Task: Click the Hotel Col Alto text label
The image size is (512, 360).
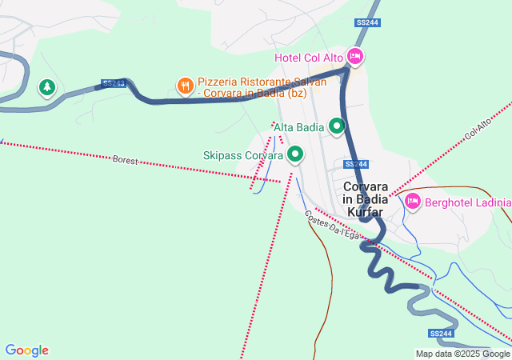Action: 309,58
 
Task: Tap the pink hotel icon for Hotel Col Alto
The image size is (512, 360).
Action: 356,57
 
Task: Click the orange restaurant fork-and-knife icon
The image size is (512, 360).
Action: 185,84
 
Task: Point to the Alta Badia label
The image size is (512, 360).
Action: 299,126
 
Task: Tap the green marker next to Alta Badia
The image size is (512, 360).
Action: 337,126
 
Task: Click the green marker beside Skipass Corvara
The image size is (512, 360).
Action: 296,154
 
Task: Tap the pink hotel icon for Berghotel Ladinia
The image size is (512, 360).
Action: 413,201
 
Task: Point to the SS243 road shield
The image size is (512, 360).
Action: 113,83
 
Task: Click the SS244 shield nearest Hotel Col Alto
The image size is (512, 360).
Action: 366,22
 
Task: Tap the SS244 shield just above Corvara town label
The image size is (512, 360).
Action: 356,163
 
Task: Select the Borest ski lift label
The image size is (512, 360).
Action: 126,160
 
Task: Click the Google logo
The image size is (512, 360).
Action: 26,350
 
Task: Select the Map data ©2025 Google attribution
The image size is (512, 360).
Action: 462,354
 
